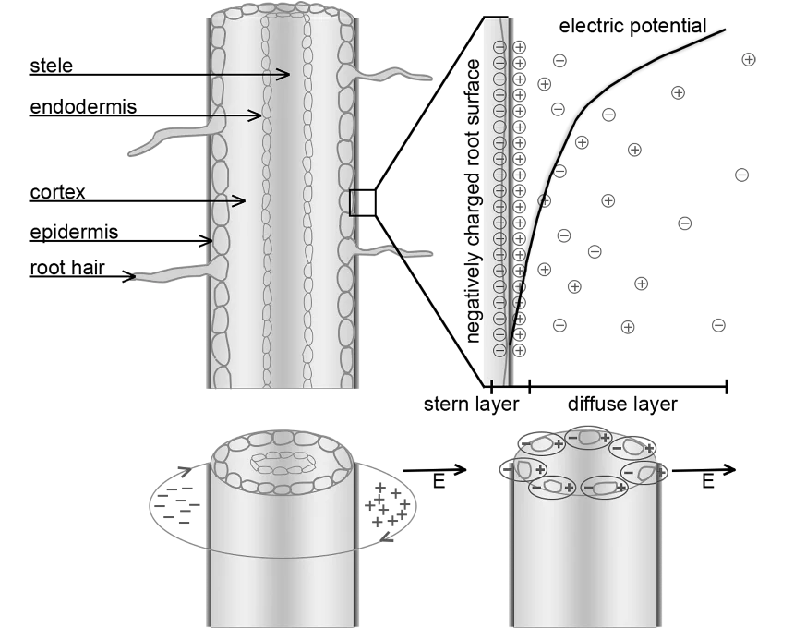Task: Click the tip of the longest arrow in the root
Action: (287, 75)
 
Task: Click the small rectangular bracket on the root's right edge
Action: (353, 202)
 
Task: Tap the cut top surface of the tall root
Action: (282, 10)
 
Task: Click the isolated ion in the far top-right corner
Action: (749, 59)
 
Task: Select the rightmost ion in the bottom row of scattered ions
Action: (719, 325)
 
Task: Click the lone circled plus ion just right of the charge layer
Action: (545, 200)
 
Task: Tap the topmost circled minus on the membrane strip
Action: (499, 47)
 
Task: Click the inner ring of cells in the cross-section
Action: (283, 463)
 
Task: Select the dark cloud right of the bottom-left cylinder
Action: (388, 503)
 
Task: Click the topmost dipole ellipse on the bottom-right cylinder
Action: (588, 437)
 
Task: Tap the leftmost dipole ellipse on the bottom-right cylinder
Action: (523, 470)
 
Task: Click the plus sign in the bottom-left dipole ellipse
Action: (569, 488)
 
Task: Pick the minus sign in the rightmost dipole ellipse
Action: (629, 473)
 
